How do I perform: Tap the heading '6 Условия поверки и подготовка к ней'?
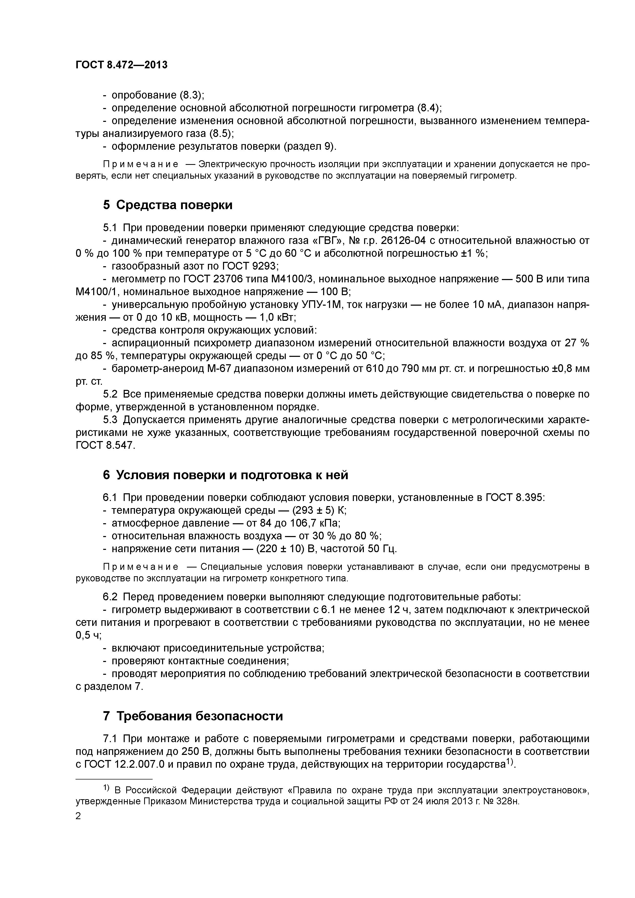(225, 475)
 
